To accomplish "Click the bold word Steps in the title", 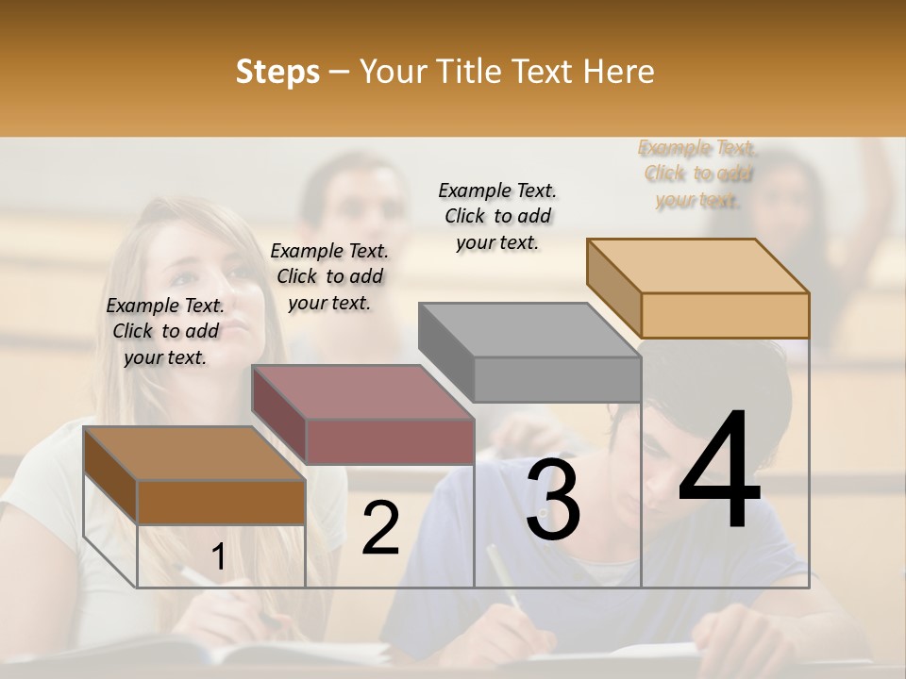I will (x=277, y=72).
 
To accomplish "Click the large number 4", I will (x=719, y=472).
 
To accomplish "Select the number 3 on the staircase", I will (x=553, y=501).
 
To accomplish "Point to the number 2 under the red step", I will (x=381, y=528).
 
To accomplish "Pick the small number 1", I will (x=218, y=557).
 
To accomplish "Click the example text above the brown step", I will (x=165, y=331).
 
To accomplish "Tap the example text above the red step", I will (x=329, y=276).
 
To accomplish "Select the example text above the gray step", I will (x=497, y=216).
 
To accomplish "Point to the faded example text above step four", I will (x=697, y=174).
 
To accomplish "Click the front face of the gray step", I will (x=557, y=380).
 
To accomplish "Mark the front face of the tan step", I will (x=725, y=315).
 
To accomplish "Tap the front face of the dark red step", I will (x=389, y=441).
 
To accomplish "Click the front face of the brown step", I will (x=221, y=503).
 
